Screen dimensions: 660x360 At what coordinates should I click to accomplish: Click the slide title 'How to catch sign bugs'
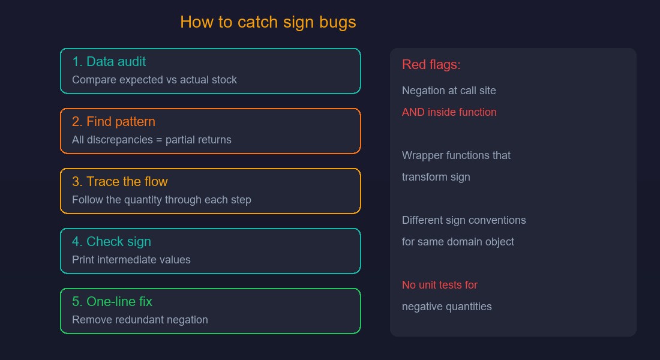(268, 22)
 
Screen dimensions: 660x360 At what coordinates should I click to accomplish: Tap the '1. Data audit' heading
(109, 61)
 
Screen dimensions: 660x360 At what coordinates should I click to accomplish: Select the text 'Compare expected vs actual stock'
(154, 80)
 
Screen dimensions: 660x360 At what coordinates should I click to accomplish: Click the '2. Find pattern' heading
(113, 122)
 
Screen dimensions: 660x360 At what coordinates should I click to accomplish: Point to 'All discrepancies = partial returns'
(152, 140)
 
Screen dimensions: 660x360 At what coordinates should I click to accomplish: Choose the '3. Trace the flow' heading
(120, 181)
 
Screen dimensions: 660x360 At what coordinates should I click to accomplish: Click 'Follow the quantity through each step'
(161, 200)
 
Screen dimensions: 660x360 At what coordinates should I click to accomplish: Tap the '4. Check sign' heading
(112, 242)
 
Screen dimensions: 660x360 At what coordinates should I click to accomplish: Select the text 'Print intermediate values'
(131, 260)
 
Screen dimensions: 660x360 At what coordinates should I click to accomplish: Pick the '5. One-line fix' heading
(112, 301)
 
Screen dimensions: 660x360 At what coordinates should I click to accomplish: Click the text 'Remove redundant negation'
(140, 320)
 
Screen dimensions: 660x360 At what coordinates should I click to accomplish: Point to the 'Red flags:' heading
(431, 64)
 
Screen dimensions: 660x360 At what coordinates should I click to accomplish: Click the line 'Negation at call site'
(449, 91)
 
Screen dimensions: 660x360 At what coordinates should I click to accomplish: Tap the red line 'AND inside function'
(449, 112)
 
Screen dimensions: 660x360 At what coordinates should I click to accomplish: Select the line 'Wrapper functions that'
(456, 155)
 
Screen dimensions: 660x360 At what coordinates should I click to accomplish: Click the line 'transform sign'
(436, 177)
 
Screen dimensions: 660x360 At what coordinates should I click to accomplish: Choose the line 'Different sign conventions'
(464, 220)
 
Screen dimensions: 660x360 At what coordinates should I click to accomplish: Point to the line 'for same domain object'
(458, 242)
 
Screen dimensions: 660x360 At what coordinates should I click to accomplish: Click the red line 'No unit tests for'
(440, 285)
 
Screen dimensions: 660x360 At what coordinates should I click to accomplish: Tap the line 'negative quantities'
(446, 307)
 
